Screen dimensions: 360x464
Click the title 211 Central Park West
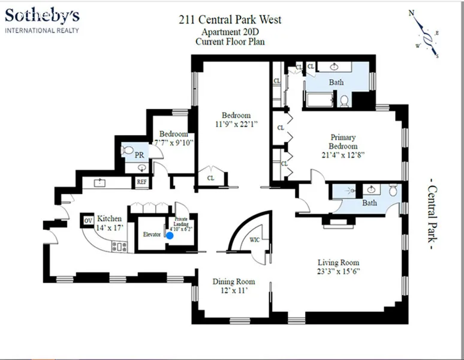[x=230, y=19]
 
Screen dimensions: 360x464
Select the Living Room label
[x=338, y=263]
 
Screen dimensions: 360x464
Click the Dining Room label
[x=234, y=281]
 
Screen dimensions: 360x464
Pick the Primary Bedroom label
[x=343, y=142]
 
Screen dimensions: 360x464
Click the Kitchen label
[x=110, y=219]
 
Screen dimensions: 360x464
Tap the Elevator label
[x=152, y=234]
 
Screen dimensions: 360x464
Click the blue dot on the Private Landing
[x=170, y=236]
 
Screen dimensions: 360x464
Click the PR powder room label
[x=138, y=155]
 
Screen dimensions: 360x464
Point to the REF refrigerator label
[x=141, y=181]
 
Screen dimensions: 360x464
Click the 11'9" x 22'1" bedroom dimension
[x=236, y=125]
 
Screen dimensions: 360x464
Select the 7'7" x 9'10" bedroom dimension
[x=174, y=143]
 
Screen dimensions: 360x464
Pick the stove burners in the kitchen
[x=119, y=246]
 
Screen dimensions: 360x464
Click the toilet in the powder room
[x=126, y=150]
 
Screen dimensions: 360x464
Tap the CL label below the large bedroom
[x=211, y=178]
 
